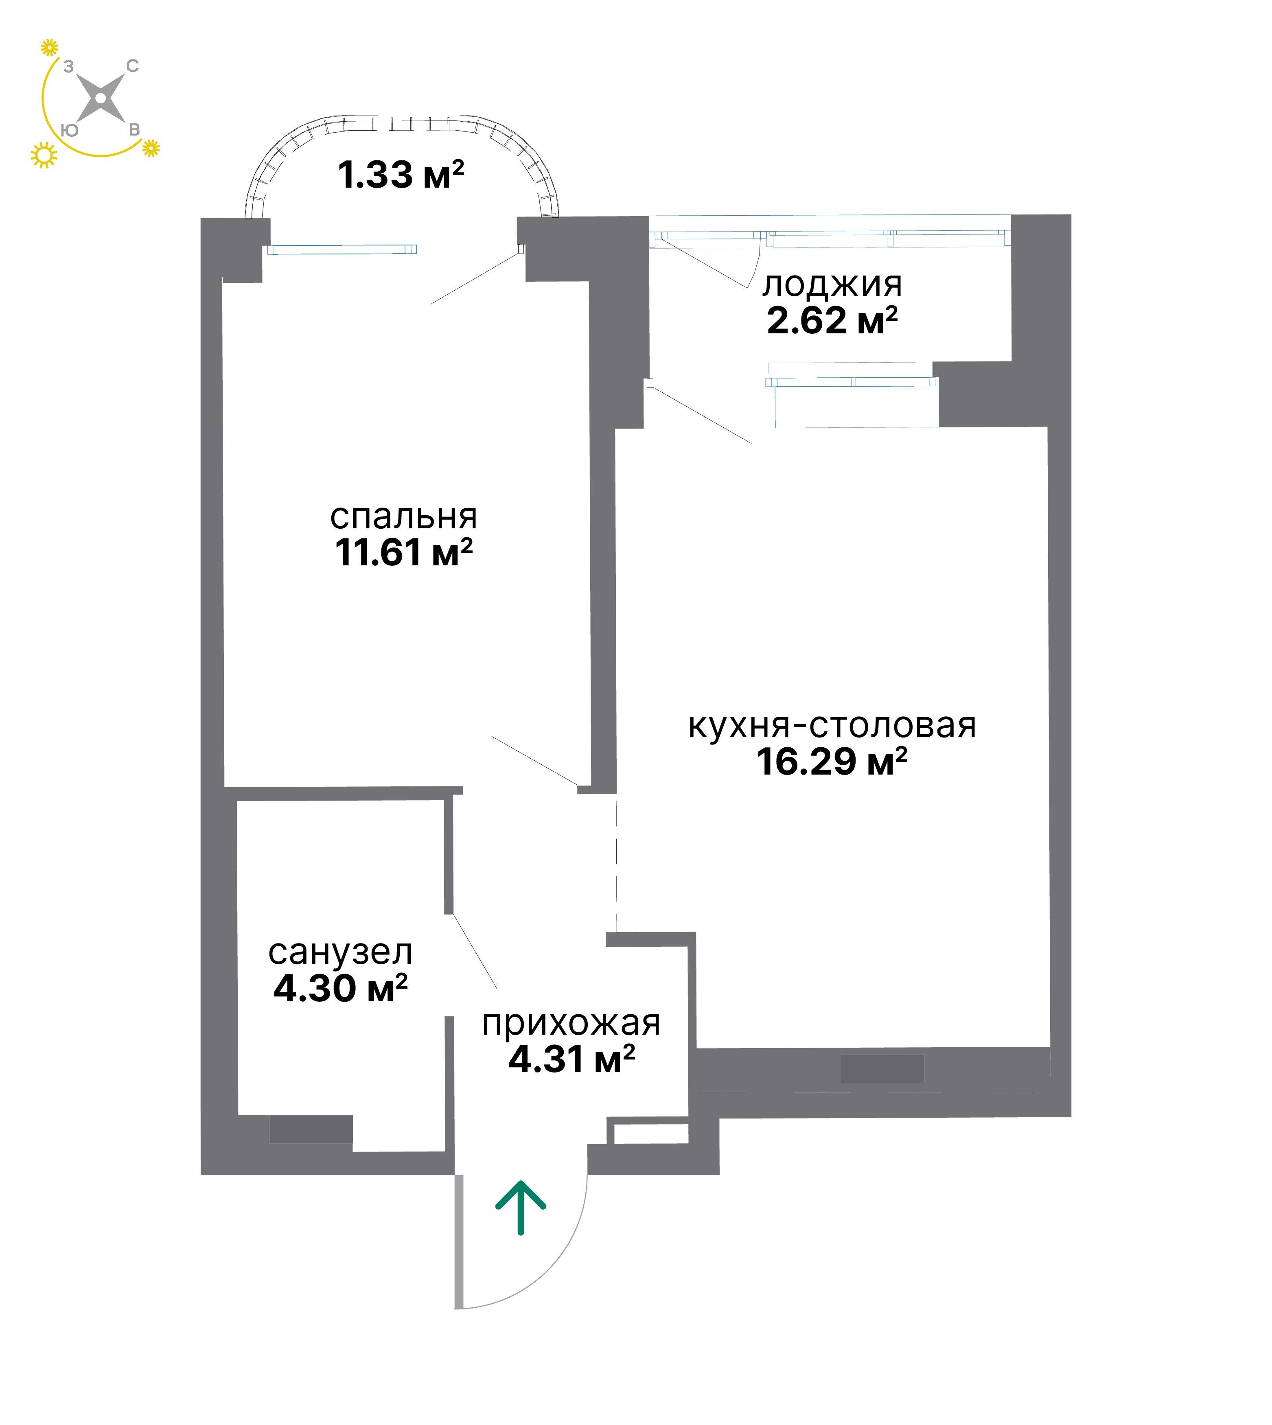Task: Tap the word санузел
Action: tap(340, 952)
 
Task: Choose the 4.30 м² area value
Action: tap(340, 988)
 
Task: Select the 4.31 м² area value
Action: tap(571, 1059)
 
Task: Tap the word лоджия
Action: tap(832, 286)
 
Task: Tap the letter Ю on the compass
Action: tap(69, 130)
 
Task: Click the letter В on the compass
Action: tap(134, 130)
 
